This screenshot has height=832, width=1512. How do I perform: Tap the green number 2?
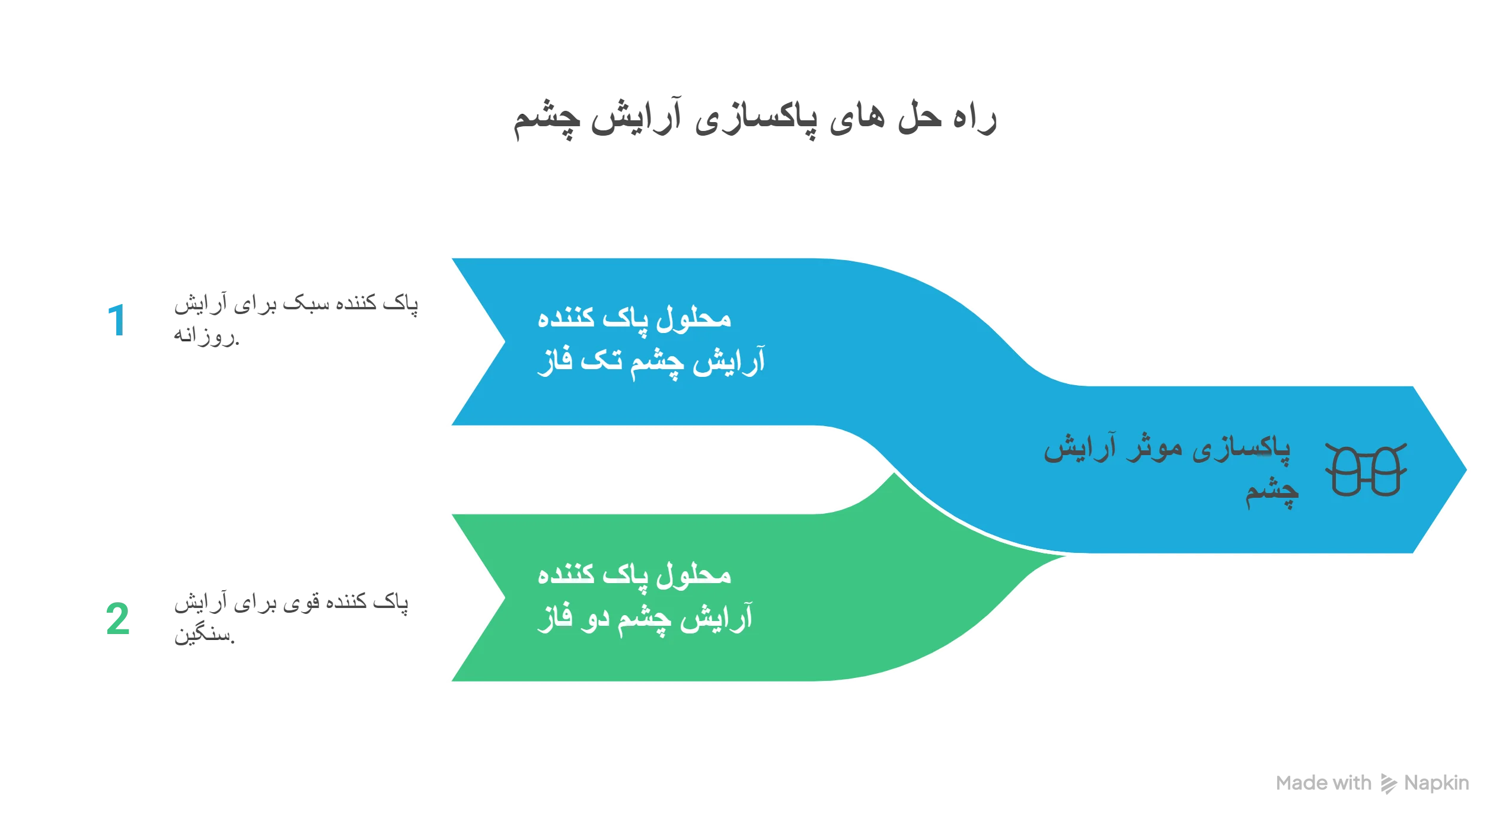[117, 619]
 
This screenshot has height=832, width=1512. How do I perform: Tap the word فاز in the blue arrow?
[555, 361]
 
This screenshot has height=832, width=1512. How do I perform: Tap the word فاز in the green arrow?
[555, 618]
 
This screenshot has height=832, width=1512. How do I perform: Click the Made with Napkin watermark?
[1372, 783]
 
